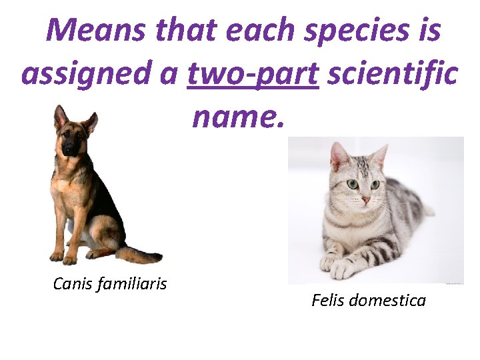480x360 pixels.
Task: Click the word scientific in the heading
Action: point(391,74)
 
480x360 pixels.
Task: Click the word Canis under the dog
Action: point(73,285)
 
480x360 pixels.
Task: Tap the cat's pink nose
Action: point(365,199)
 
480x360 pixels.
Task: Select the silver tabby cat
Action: point(373,213)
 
